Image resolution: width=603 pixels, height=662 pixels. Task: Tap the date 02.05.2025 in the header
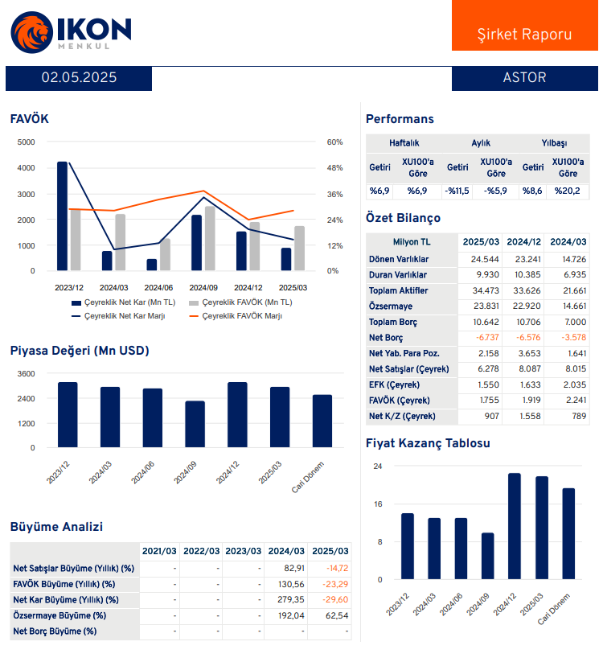[79, 78]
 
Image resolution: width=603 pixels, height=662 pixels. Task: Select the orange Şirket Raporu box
[524, 35]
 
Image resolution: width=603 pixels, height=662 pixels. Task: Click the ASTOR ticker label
[523, 78]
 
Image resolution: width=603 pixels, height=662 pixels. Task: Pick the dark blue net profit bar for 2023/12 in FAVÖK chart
[63, 216]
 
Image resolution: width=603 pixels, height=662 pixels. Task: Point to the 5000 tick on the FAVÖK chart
[26, 142]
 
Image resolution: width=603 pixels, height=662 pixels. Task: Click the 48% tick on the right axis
[334, 168]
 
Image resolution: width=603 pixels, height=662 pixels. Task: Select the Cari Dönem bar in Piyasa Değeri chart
[322, 421]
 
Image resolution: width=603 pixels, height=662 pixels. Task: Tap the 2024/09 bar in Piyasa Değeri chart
[195, 424]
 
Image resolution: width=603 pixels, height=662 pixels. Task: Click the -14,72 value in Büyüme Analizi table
[337, 569]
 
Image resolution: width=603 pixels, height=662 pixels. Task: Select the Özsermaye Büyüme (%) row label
[60, 615]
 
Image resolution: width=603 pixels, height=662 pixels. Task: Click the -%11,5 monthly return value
[457, 191]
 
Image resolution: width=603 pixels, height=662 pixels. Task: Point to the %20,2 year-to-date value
[568, 191]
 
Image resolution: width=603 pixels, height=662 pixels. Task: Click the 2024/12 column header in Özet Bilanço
[523, 241]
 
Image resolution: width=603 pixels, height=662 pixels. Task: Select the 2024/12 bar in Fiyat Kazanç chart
[515, 526]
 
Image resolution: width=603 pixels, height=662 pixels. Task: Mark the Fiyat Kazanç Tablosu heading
[428, 443]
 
